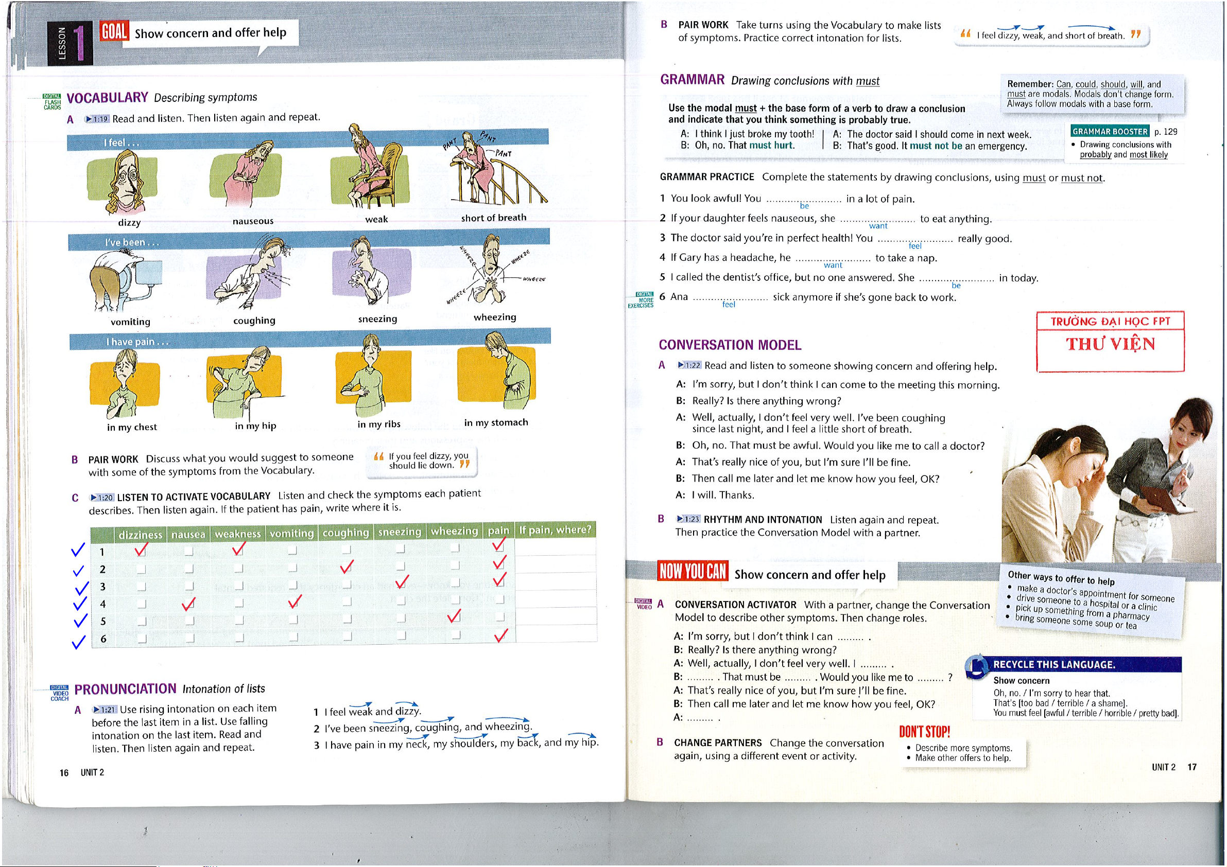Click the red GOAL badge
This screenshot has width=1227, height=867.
[113, 32]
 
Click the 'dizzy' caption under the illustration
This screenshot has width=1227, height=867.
[129, 223]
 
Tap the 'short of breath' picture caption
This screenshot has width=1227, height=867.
[493, 218]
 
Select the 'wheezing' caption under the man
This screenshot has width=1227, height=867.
[494, 317]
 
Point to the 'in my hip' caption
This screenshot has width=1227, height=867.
[255, 426]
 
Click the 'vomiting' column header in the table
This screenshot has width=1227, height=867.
[291, 533]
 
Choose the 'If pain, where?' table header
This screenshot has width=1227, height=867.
[555, 529]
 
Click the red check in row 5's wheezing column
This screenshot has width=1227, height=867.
[454, 616]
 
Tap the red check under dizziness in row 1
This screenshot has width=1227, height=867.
[141, 548]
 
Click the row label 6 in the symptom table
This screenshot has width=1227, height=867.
[103, 639]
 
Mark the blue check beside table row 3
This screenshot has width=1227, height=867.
[82, 588]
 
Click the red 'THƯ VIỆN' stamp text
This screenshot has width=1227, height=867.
[1111, 344]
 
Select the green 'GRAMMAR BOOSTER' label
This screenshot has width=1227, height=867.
[1110, 131]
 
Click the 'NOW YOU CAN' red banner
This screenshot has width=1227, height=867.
[693, 571]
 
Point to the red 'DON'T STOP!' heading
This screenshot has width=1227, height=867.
[924, 731]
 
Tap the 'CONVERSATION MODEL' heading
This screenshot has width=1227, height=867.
[730, 345]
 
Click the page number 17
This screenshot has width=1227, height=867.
[1191, 767]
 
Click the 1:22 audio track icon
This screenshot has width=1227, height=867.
[689, 365]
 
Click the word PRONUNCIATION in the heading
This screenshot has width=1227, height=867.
[125, 689]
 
